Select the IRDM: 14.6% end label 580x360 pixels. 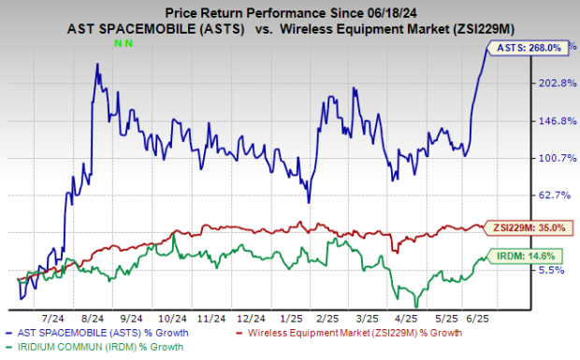(533, 253)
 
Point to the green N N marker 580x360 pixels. (122, 44)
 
